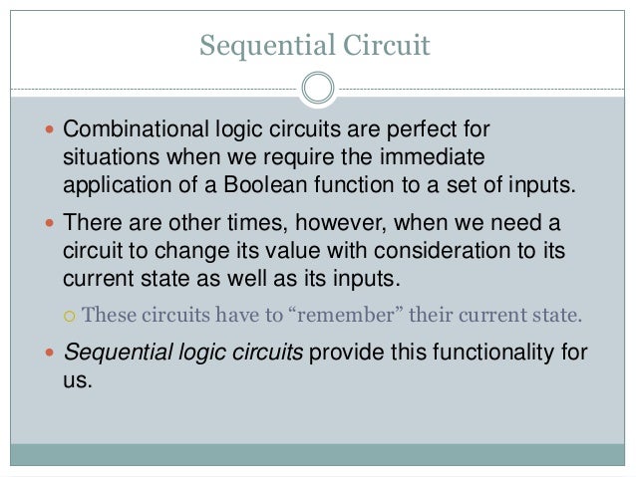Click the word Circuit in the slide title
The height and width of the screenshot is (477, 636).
(387, 43)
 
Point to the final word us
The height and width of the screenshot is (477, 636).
(76, 380)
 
